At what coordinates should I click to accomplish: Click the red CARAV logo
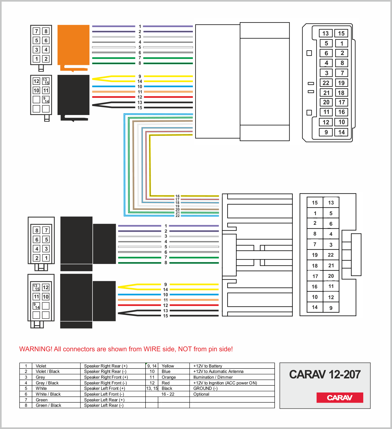(x=340, y=397)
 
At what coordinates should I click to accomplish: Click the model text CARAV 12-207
(x=325, y=374)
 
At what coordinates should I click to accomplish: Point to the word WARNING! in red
(x=36, y=349)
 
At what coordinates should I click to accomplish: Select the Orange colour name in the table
(x=169, y=377)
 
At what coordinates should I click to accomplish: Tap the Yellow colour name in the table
(x=168, y=366)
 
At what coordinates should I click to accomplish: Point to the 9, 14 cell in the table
(x=152, y=366)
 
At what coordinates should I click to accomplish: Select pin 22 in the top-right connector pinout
(x=326, y=83)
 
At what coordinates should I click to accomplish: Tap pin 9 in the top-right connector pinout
(x=326, y=132)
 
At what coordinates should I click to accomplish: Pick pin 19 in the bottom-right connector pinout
(x=315, y=255)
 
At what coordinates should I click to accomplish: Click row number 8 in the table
(x=26, y=405)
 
